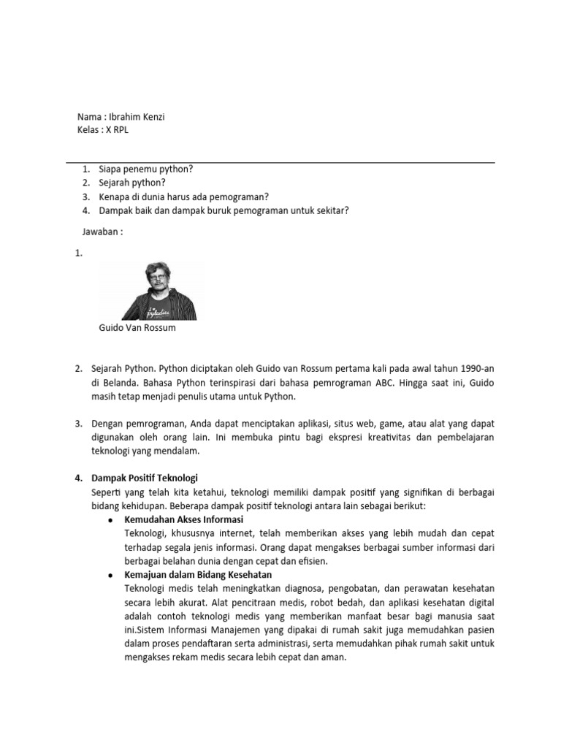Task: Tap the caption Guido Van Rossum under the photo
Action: (137, 328)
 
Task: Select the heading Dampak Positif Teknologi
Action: (145, 478)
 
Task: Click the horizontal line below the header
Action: (280, 162)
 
